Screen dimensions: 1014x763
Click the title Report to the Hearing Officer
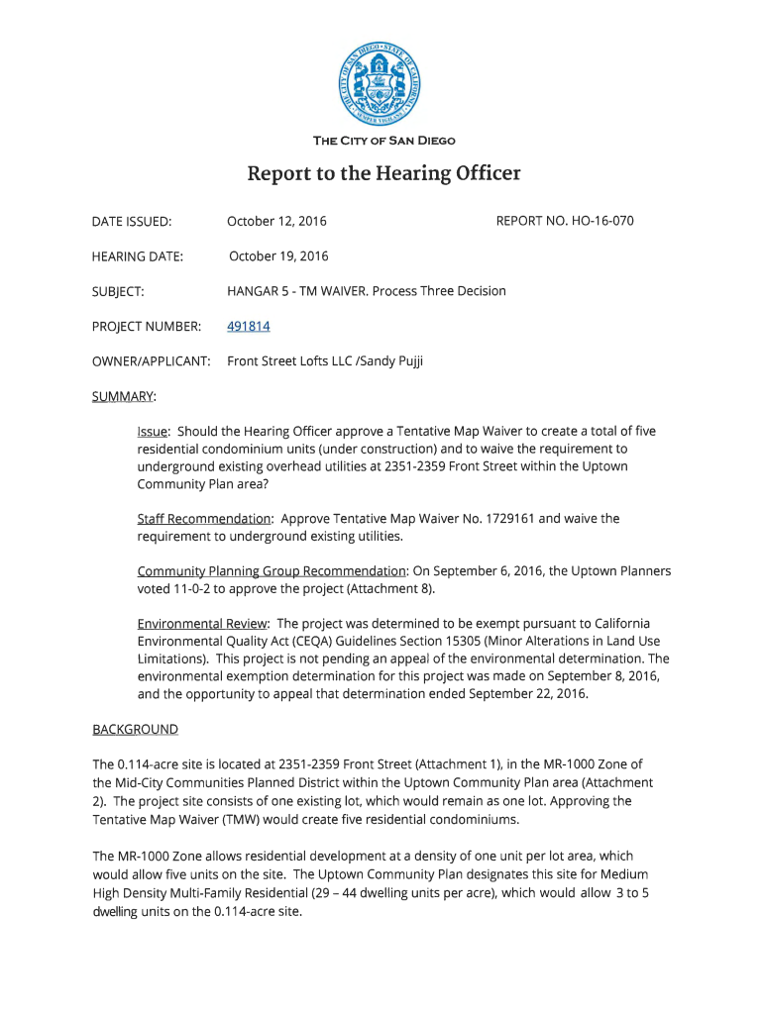(x=382, y=174)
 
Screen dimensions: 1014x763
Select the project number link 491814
(x=249, y=326)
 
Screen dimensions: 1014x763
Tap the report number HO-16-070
(x=598, y=220)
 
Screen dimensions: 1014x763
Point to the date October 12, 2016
(x=276, y=220)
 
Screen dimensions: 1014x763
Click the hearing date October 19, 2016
(x=278, y=256)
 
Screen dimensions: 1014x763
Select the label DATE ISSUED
(x=132, y=221)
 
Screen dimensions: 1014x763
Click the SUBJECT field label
(x=118, y=291)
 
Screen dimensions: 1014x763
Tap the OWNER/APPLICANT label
(x=152, y=361)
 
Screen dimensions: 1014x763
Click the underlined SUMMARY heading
(x=124, y=397)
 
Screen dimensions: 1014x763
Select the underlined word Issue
(x=154, y=432)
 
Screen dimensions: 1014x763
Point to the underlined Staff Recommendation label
(x=204, y=518)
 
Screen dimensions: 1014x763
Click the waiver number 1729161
(x=507, y=518)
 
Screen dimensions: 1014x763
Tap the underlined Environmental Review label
(x=202, y=623)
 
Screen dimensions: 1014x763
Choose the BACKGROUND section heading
(x=135, y=730)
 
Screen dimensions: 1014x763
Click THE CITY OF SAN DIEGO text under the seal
(x=383, y=141)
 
